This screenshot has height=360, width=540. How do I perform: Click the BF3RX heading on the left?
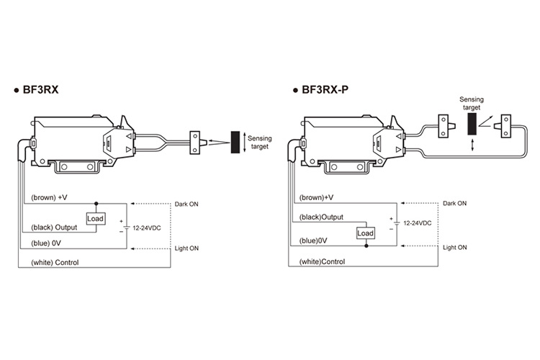(x=40, y=89)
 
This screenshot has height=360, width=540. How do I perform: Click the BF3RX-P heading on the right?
(x=325, y=89)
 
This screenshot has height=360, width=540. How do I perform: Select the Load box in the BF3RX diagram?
(x=95, y=218)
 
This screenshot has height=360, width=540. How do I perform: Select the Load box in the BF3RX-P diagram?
(x=365, y=233)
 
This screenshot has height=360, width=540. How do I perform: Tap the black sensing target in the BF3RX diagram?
(x=235, y=142)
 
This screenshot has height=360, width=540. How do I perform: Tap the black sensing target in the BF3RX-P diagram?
(x=472, y=124)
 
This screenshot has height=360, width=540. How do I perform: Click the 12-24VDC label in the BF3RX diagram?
(x=147, y=228)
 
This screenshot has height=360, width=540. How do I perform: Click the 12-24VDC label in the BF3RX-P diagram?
(x=418, y=223)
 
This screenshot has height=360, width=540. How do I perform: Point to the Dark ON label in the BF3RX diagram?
(x=186, y=204)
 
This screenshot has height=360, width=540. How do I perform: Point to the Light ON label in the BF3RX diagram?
(x=186, y=248)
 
